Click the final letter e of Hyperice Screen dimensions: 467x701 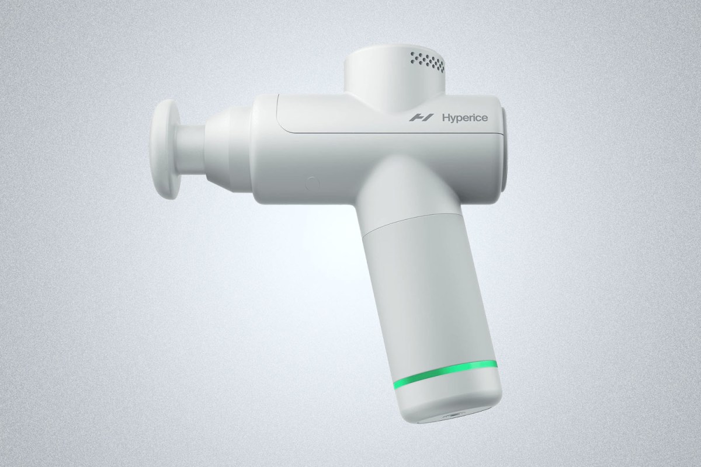485,118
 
